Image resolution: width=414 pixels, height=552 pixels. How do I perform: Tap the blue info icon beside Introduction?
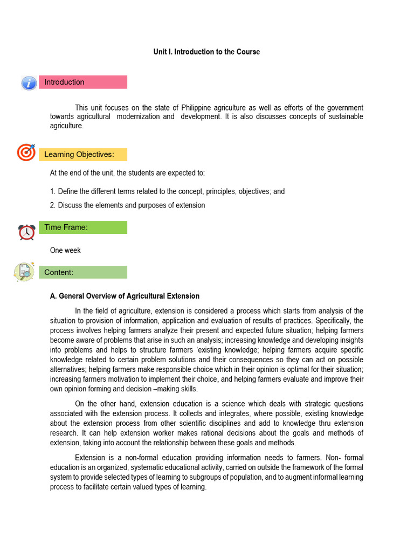coord(29,83)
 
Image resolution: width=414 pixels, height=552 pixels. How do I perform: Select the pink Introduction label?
coord(83,82)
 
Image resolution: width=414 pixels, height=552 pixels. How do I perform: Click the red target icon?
coord(26,153)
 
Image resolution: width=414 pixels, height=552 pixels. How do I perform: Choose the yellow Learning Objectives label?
coord(83,155)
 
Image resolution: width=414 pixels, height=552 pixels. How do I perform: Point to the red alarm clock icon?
coord(26,232)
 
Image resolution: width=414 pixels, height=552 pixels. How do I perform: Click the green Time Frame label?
coord(83,227)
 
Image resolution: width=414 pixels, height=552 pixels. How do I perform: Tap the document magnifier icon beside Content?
coord(24,272)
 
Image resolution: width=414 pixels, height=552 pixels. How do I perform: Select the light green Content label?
coord(83,272)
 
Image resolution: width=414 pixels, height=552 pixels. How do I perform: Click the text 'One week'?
coord(65,250)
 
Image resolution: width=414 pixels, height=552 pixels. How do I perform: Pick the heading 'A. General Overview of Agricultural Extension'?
coord(125,296)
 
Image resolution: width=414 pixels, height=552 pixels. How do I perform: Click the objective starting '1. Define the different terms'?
coord(167,191)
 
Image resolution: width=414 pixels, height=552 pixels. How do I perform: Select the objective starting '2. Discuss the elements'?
coord(127,205)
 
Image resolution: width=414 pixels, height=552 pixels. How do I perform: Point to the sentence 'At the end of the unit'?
coord(127,173)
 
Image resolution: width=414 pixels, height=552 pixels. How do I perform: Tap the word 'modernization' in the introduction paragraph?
coord(137,117)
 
